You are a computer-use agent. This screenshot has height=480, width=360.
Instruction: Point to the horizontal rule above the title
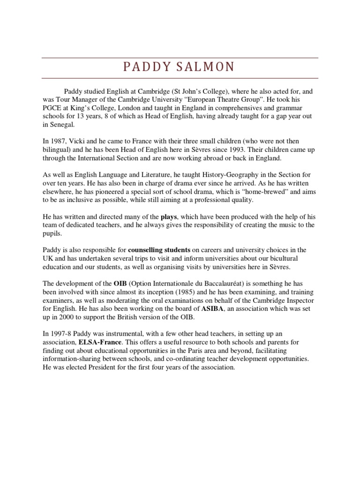tap(180, 58)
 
